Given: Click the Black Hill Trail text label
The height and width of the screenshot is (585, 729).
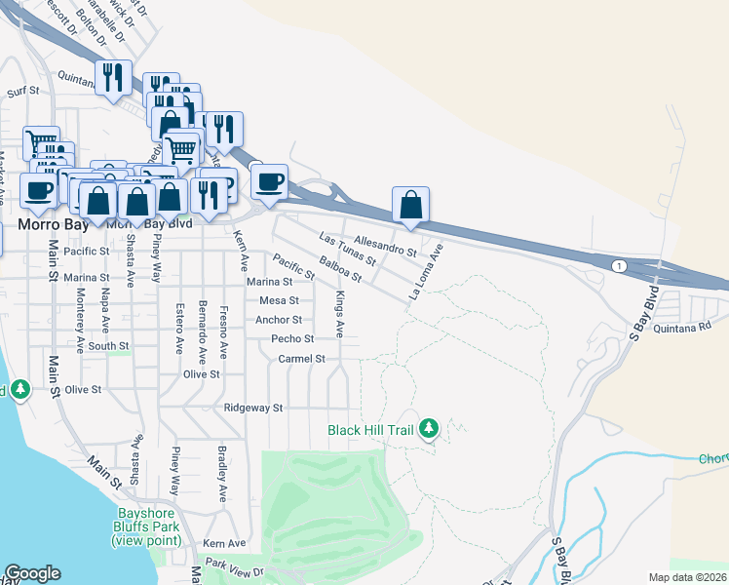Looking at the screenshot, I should click(x=371, y=430).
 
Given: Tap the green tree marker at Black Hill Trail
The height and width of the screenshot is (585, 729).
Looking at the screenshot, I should click(x=429, y=428).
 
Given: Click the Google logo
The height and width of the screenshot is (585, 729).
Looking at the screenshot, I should click(x=32, y=573).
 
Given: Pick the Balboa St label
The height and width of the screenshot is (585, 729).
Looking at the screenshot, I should click(x=340, y=269).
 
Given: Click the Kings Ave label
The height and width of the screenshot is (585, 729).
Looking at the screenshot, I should click(x=340, y=314).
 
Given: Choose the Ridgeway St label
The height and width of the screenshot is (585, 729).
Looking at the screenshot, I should click(x=252, y=408).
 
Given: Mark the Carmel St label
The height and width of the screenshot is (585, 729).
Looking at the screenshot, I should click(x=300, y=359).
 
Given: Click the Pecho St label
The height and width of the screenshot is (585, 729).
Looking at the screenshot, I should click(x=292, y=339).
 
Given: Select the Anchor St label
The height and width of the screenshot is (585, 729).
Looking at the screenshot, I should click(x=279, y=320).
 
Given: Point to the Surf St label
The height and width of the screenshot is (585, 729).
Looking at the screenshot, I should click(x=21, y=92).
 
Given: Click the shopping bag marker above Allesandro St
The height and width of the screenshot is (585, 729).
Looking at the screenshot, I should click(x=411, y=206).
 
